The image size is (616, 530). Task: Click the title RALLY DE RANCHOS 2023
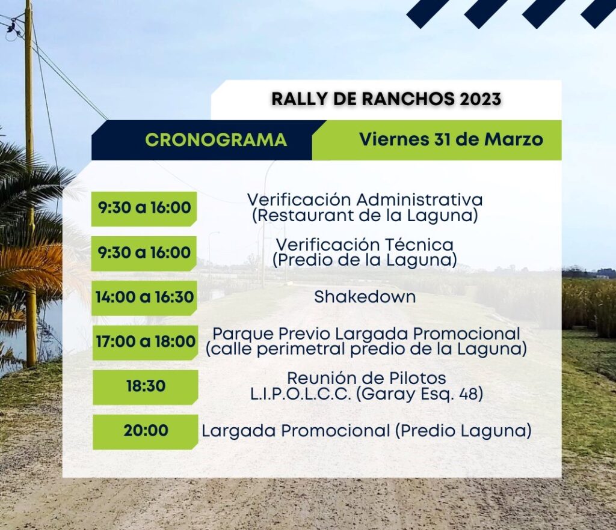click(386, 99)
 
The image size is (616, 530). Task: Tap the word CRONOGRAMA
click(216, 140)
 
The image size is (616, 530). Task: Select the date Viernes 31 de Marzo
click(451, 139)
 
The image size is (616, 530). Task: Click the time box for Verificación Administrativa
click(144, 209)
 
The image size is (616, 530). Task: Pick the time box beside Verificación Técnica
click(144, 253)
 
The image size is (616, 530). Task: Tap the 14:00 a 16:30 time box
click(144, 297)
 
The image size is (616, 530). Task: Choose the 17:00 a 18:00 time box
click(144, 342)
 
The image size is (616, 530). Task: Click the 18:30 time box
click(146, 387)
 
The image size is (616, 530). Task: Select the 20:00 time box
click(146, 431)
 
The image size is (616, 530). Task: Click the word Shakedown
click(365, 297)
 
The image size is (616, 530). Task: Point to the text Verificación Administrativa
click(365, 200)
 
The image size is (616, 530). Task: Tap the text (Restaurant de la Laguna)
click(365, 215)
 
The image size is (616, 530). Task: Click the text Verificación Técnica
click(365, 245)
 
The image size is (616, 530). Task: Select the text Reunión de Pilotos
click(366, 378)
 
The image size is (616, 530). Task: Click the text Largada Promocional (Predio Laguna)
click(366, 431)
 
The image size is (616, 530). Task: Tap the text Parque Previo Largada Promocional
click(366, 334)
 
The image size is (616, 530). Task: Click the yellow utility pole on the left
click(30, 180)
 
